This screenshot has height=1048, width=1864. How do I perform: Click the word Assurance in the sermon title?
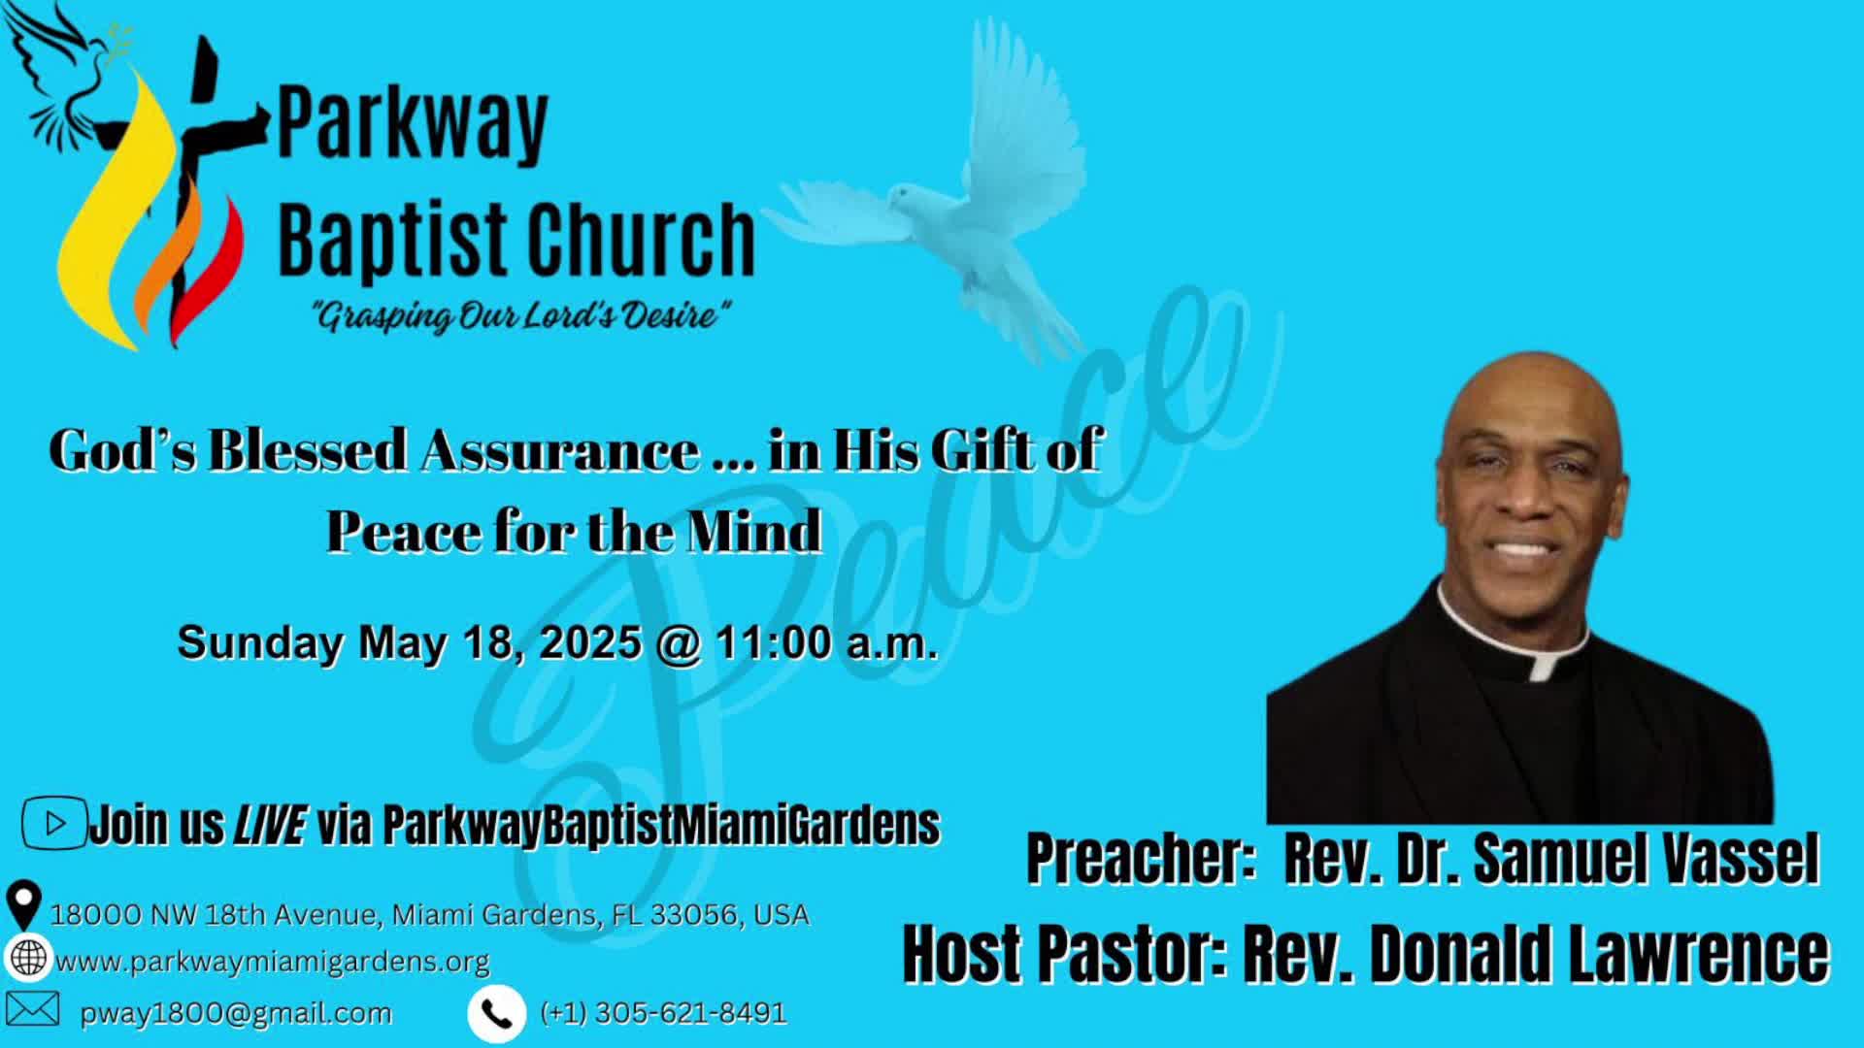click(x=559, y=450)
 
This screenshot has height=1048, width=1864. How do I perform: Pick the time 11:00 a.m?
click(x=827, y=642)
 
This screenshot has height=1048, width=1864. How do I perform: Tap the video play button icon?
click(x=54, y=824)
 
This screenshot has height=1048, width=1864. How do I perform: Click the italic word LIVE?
click(x=269, y=825)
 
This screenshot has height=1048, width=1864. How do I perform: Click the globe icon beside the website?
click(x=28, y=958)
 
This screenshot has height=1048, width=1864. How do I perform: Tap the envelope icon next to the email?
click(x=32, y=1009)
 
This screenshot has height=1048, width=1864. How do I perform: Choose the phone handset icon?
click(x=497, y=1014)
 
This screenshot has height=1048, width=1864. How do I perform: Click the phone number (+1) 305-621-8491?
click(x=664, y=1013)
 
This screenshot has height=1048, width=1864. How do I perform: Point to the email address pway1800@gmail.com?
click(x=236, y=1014)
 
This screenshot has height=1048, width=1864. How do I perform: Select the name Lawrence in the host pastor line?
click(x=1699, y=954)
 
